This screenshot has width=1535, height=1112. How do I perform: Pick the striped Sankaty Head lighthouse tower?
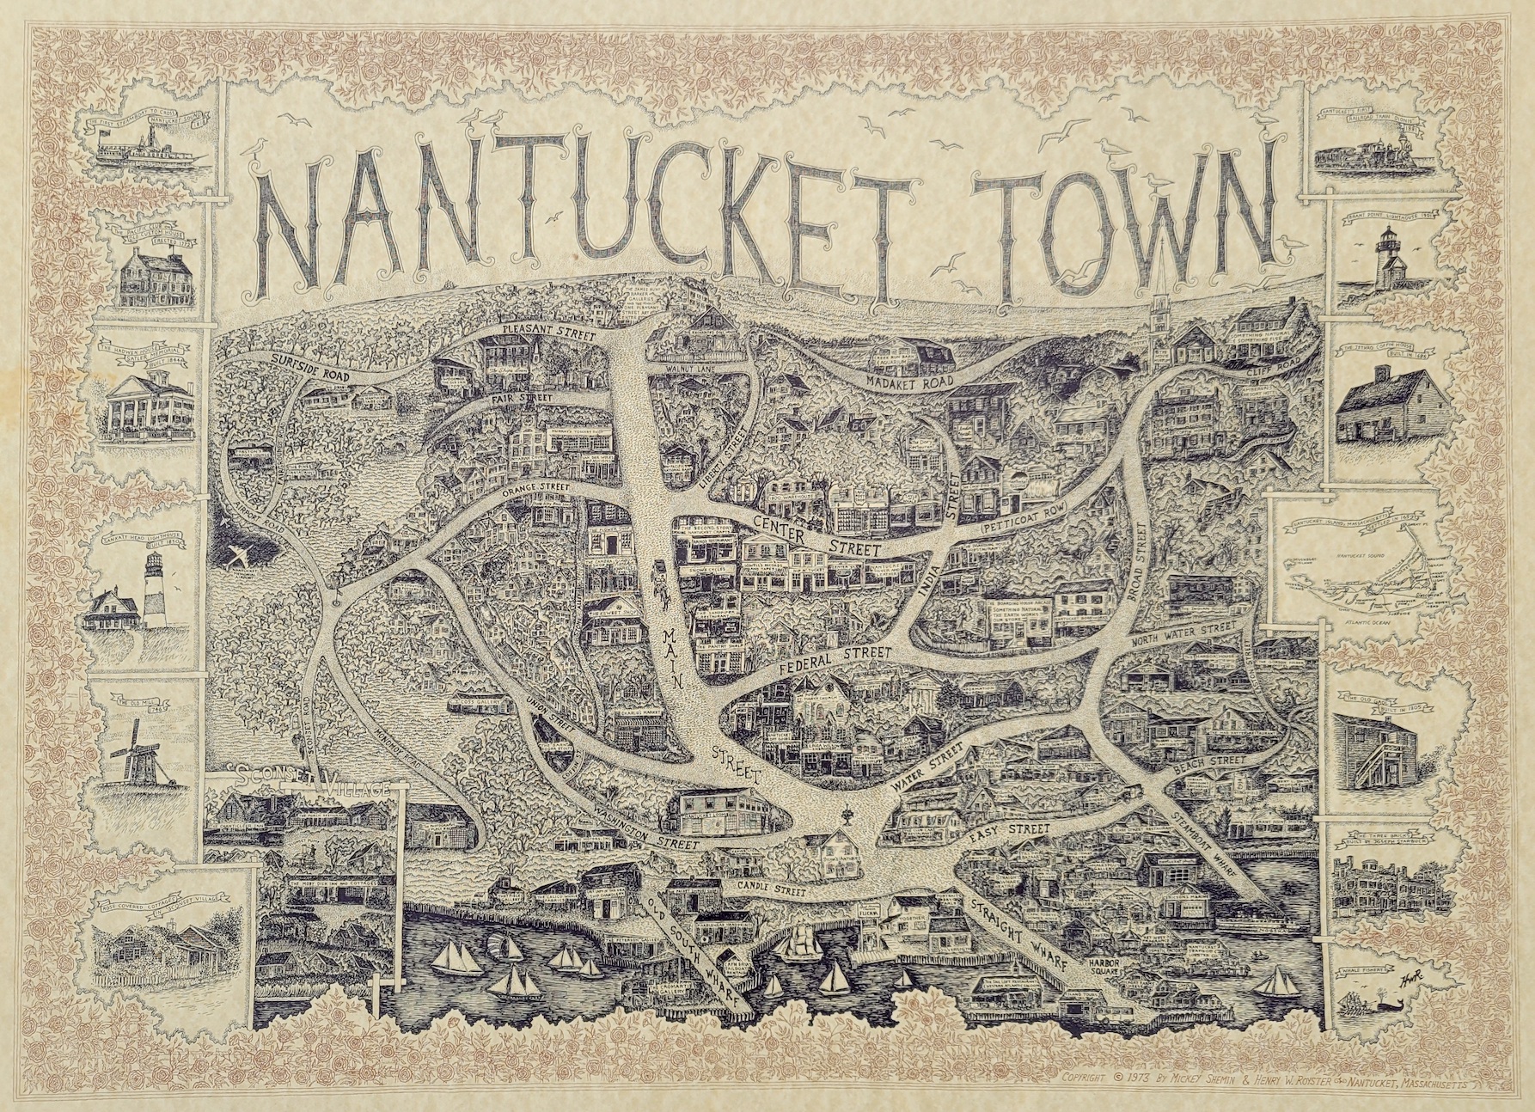[154, 593]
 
